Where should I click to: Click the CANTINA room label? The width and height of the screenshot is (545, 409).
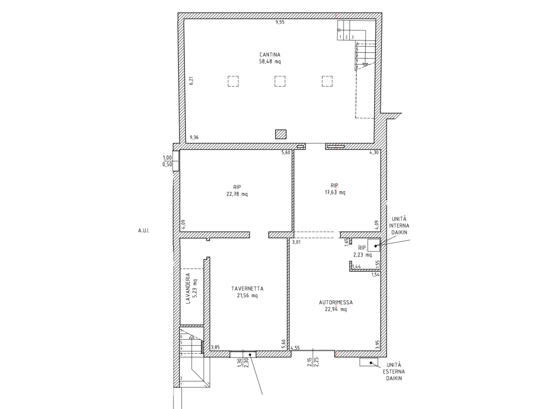(270, 55)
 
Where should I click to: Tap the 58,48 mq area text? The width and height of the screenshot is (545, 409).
(270, 62)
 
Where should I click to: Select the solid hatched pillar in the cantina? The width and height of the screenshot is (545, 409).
(280, 134)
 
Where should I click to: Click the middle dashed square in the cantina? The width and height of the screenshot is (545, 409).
(280, 81)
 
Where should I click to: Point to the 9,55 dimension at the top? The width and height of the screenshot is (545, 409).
(280, 22)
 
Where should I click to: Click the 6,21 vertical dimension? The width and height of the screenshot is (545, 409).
(191, 81)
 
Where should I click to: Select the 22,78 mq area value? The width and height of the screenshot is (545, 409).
(237, 194)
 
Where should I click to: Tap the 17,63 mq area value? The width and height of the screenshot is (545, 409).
(335, 192)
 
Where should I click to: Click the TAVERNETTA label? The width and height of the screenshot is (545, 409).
(247, 289)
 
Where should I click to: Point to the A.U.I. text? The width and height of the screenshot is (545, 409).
(144, 231)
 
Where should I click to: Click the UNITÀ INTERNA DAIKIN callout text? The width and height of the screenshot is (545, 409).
(399, 226)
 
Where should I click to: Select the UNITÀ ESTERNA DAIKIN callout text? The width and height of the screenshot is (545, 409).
(394, 371)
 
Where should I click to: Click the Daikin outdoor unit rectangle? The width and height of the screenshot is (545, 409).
(369, 362)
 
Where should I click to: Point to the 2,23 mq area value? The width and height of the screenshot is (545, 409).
(362, 255)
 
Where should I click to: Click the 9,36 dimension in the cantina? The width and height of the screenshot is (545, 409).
(194, 138)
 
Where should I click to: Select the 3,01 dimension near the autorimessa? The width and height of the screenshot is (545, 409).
(296, 242)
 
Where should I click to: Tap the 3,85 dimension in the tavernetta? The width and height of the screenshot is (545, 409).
(216, 347)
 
